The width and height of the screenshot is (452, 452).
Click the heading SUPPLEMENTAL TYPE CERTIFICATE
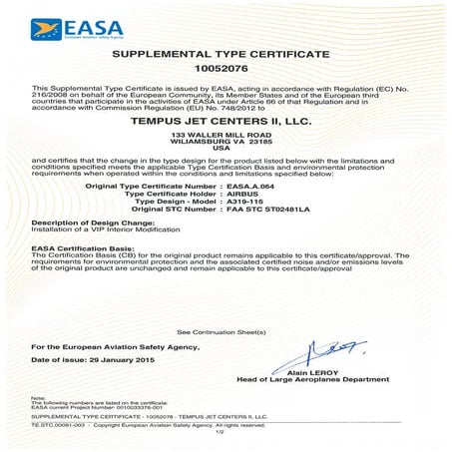click(x=226, y=51)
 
